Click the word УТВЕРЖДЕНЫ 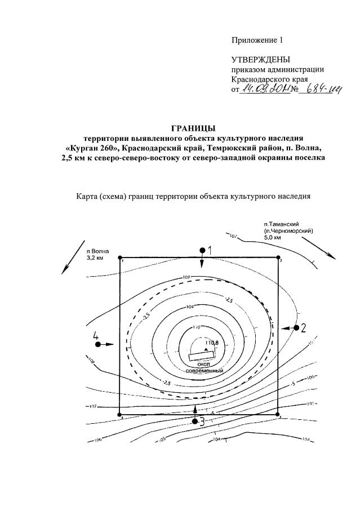tap(261, 60)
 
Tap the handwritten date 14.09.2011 tap(264, 90)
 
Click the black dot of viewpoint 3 tap(195, 421)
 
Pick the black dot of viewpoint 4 tap(98, 344)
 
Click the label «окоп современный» tap(205, 367)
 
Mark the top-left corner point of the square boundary tap(119, 258)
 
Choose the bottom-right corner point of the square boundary tap(279, 415)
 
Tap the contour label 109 tap(190, 307)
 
